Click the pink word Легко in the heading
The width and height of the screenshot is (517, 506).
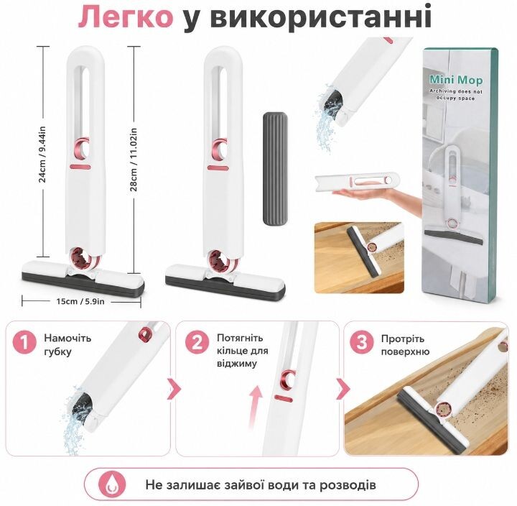(x=126, y=17)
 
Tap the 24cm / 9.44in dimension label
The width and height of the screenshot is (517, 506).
(x=42, y=155)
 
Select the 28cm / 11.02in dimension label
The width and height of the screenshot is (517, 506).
(x=134, y=160)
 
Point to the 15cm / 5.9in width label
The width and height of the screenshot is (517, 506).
(x=80, y=301)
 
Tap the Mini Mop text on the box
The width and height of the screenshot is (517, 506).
(x=456, y=80)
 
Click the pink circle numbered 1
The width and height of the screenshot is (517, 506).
(x=25, y=343)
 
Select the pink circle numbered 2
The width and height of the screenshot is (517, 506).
(x=197, y=343)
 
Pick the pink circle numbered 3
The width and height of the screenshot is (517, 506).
(x=362, y=343)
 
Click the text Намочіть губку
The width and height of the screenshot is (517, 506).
(x=67, y=345)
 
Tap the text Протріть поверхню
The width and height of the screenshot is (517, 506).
(x=405, y=345)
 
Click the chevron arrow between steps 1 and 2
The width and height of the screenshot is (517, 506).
(x=174, y=389)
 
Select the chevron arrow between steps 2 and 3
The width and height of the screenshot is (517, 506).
(x=343, y=389)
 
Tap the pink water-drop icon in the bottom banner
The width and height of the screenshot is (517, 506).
(x=113, y=485)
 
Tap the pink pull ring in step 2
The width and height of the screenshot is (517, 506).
(x=288, y=379)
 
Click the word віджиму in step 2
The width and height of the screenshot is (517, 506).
(x=237, y=364)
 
